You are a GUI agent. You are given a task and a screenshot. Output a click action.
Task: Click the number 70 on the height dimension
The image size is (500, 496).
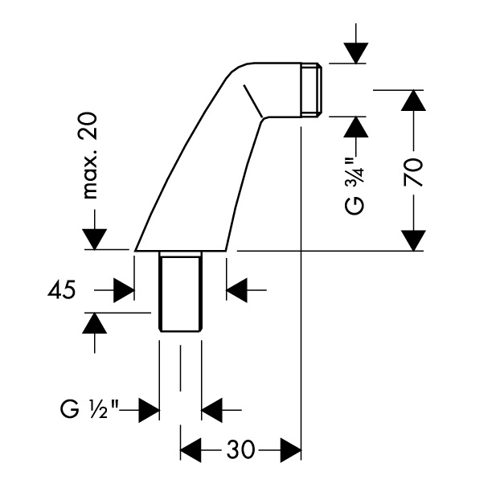pyautogui.click(x=414, y=171)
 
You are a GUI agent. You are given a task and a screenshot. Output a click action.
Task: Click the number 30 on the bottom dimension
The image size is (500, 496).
pyautogui.click(x=240, y=449)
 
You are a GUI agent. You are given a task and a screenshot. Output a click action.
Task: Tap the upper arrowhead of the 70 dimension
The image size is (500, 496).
pyautogui.click(x=413, y=100)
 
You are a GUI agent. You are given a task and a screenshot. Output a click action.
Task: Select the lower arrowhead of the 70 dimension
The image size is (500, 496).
pyautogui.click(x=413, y=240)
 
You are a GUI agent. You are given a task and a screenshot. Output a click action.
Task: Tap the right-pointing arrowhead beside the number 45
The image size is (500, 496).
pyautogui.click(x=123, y=289)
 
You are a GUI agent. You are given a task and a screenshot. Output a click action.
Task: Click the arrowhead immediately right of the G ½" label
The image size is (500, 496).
pyautogui.click(x=147, y=410)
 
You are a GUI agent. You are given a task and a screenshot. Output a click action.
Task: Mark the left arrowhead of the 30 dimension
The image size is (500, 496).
pyautogui.click(x=191, y=449)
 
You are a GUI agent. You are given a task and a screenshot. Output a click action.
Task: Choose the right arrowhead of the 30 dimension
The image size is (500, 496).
pyautogui.click(x=290, y=449)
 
